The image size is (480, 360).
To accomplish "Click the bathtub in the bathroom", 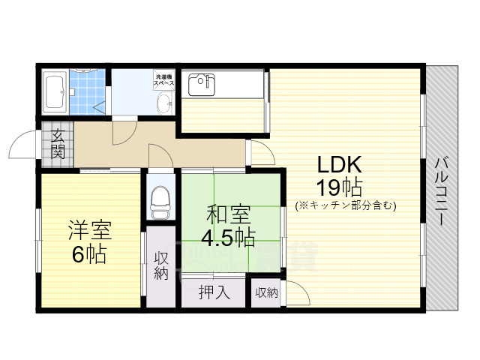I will pos(56,91).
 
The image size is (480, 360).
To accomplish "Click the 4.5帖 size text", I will pos(226,238).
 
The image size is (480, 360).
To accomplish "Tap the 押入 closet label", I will pos(214,292).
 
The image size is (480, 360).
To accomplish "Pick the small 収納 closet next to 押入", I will pos(266,292).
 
